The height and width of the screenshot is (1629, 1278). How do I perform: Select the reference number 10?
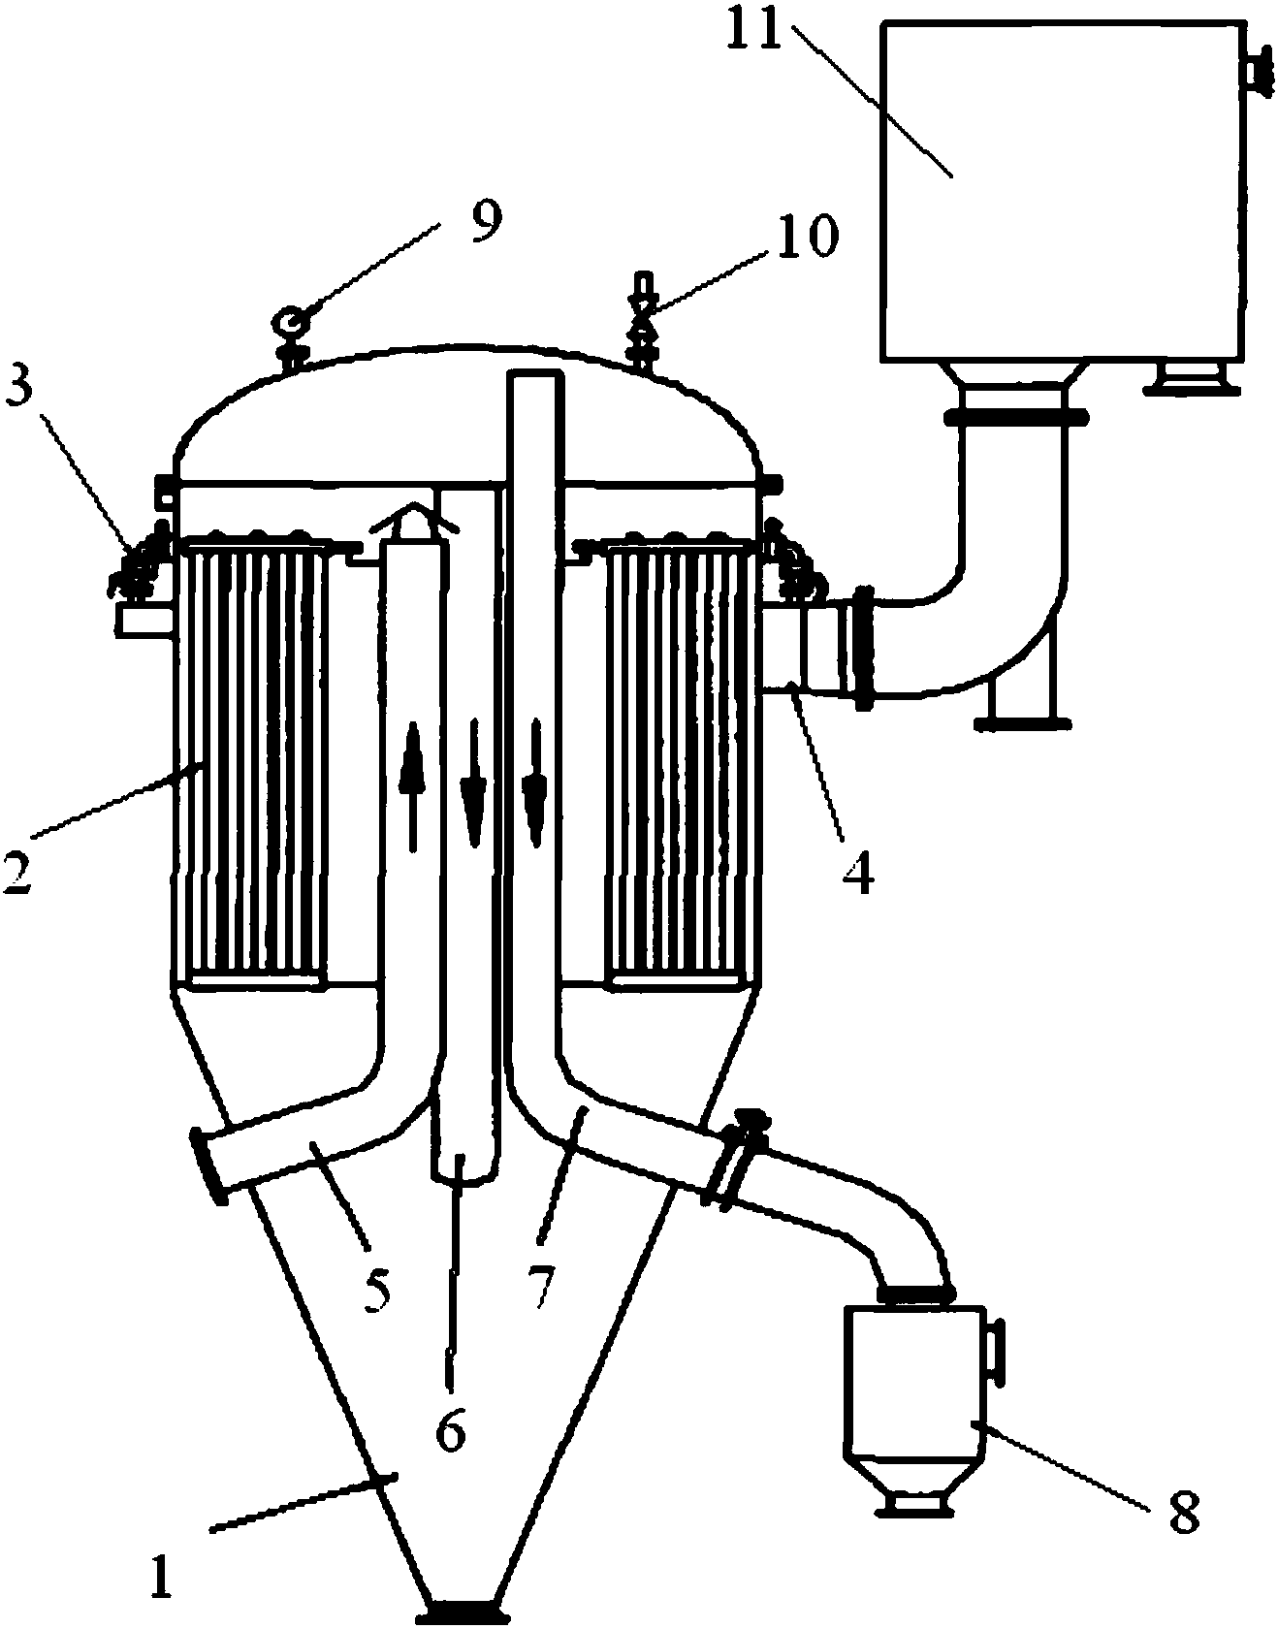tap(806, 237)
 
